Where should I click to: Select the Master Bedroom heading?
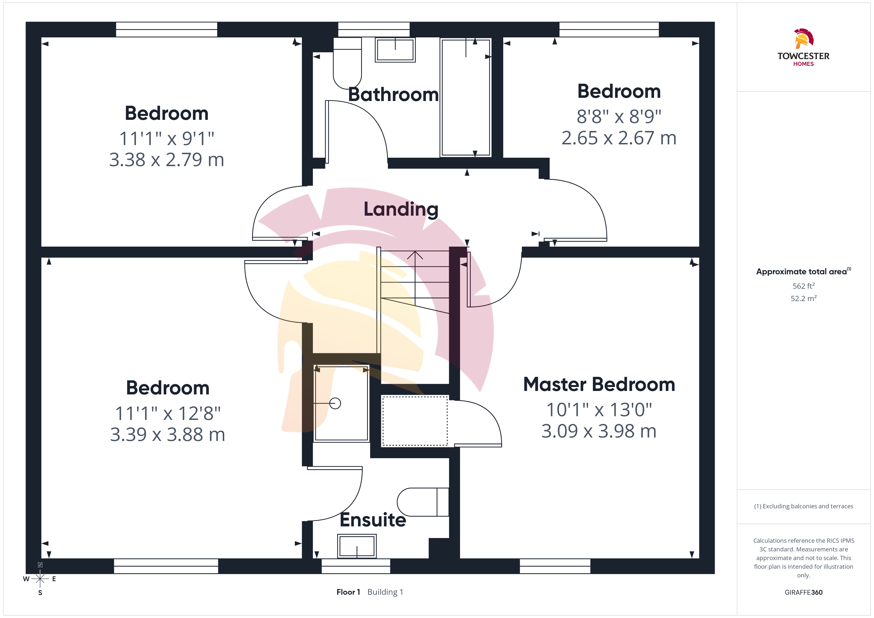(x=599, y=384)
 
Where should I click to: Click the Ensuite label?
(x=373, y=520)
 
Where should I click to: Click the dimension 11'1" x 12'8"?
(x=168, y=413)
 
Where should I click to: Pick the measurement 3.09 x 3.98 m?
(x=599, y=431)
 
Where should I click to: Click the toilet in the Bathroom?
(x=347, y=63)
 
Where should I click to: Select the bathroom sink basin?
(x=395, y=50)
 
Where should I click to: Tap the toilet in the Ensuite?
(x=423, y=502)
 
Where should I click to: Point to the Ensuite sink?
(x=357, y=546)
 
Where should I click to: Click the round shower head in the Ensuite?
(x=335, y=403)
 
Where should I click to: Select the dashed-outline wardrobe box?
(x=415, y=421)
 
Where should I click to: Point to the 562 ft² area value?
(x=804, y=286)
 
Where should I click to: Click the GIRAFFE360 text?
(x=804, y=592)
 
